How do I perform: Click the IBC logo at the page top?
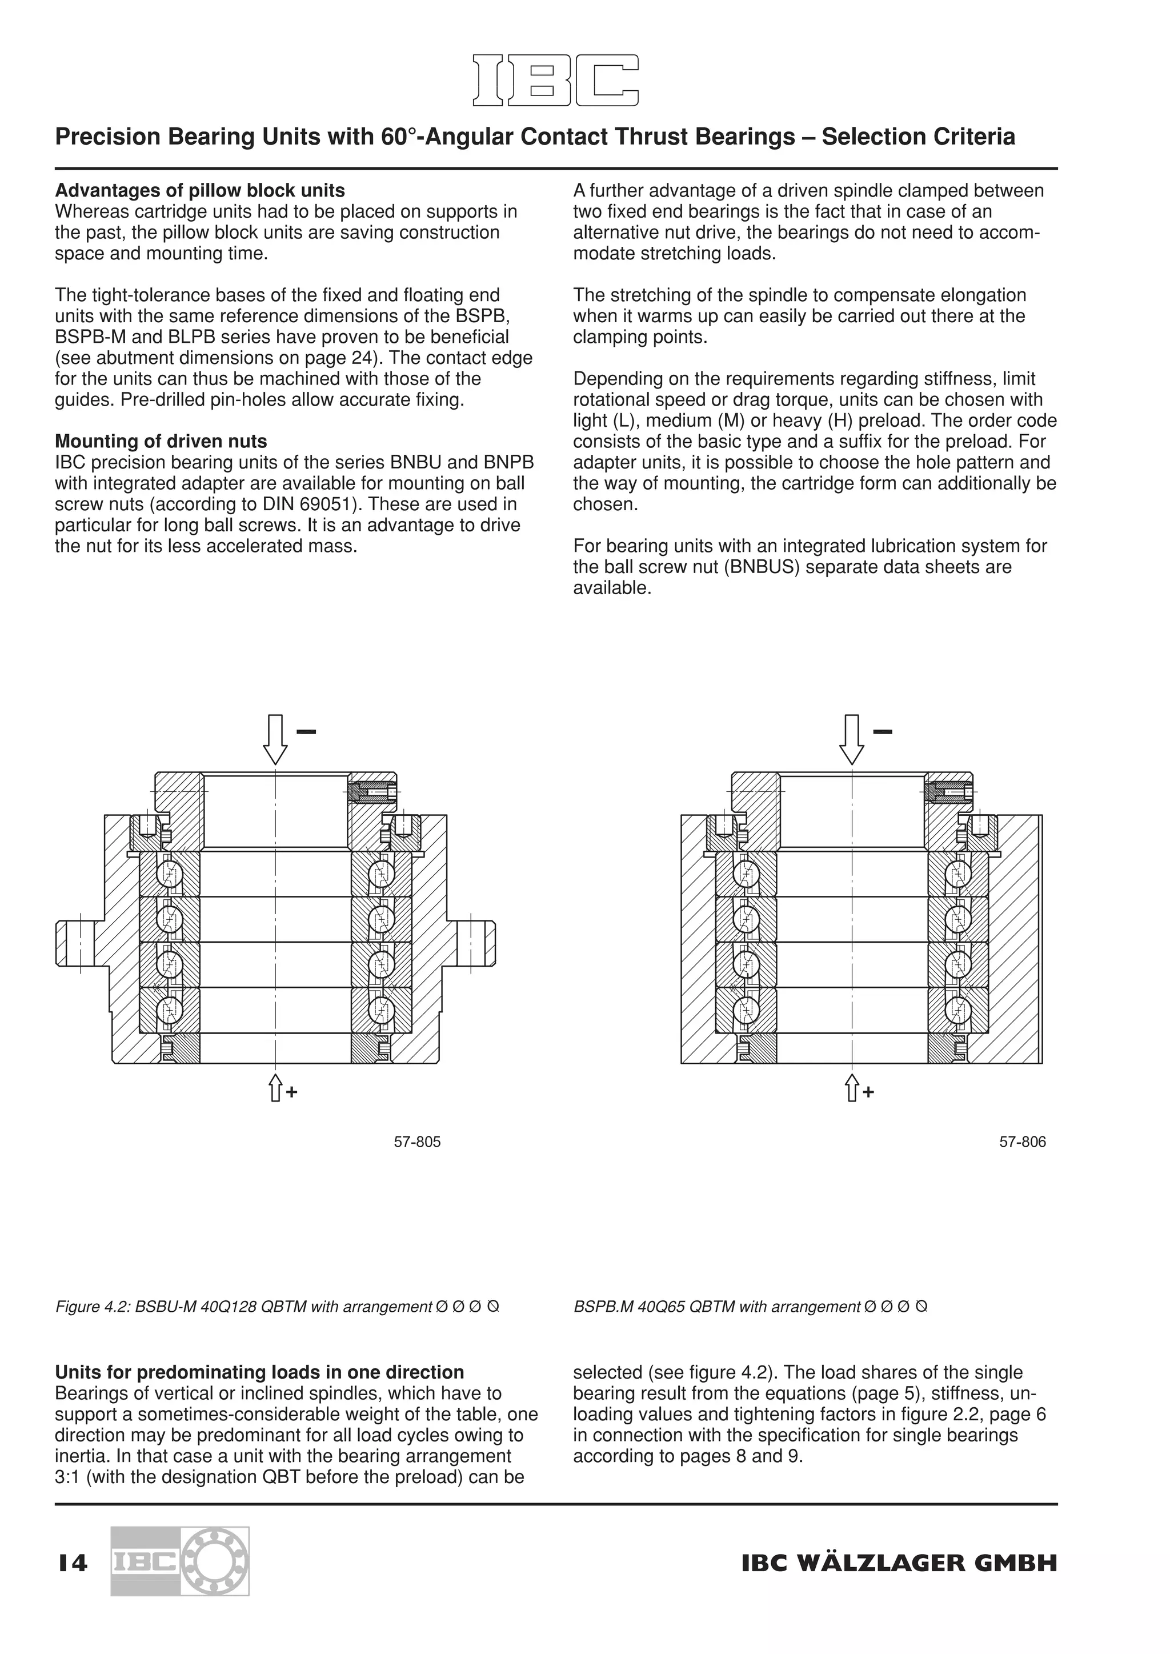click(x=555, y=80)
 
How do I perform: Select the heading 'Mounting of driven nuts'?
click(x=161, y=441)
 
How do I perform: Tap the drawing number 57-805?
click(x=417, y=1142)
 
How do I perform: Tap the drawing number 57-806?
click(x=1022, y=1142)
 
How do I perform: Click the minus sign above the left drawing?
click(x=306, y=732)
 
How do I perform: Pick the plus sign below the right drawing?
click(x=869, y=1093)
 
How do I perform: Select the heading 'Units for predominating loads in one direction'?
click(x=259, y=1372)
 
